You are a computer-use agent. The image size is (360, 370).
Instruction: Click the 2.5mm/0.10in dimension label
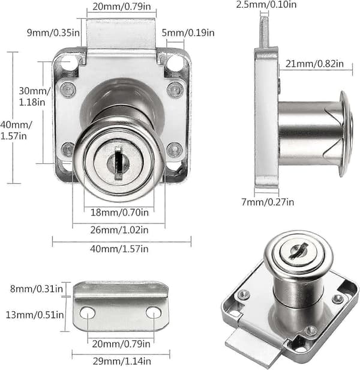point(266,4)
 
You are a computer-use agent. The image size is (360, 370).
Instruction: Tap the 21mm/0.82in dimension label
point(314,64)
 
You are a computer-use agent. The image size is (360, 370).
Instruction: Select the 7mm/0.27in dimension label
point(268,202)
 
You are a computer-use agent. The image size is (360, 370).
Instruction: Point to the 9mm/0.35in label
point(53,32)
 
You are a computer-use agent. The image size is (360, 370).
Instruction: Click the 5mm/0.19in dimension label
point(188,32)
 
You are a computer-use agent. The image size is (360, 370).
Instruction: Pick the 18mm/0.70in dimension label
point(120,213)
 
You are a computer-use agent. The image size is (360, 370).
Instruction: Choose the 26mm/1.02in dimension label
point(119,230)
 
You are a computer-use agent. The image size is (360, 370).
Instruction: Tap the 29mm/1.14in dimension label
point(122,361)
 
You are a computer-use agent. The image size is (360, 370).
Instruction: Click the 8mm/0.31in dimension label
point(37,289)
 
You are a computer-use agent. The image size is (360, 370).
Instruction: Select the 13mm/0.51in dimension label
point(35,315)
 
